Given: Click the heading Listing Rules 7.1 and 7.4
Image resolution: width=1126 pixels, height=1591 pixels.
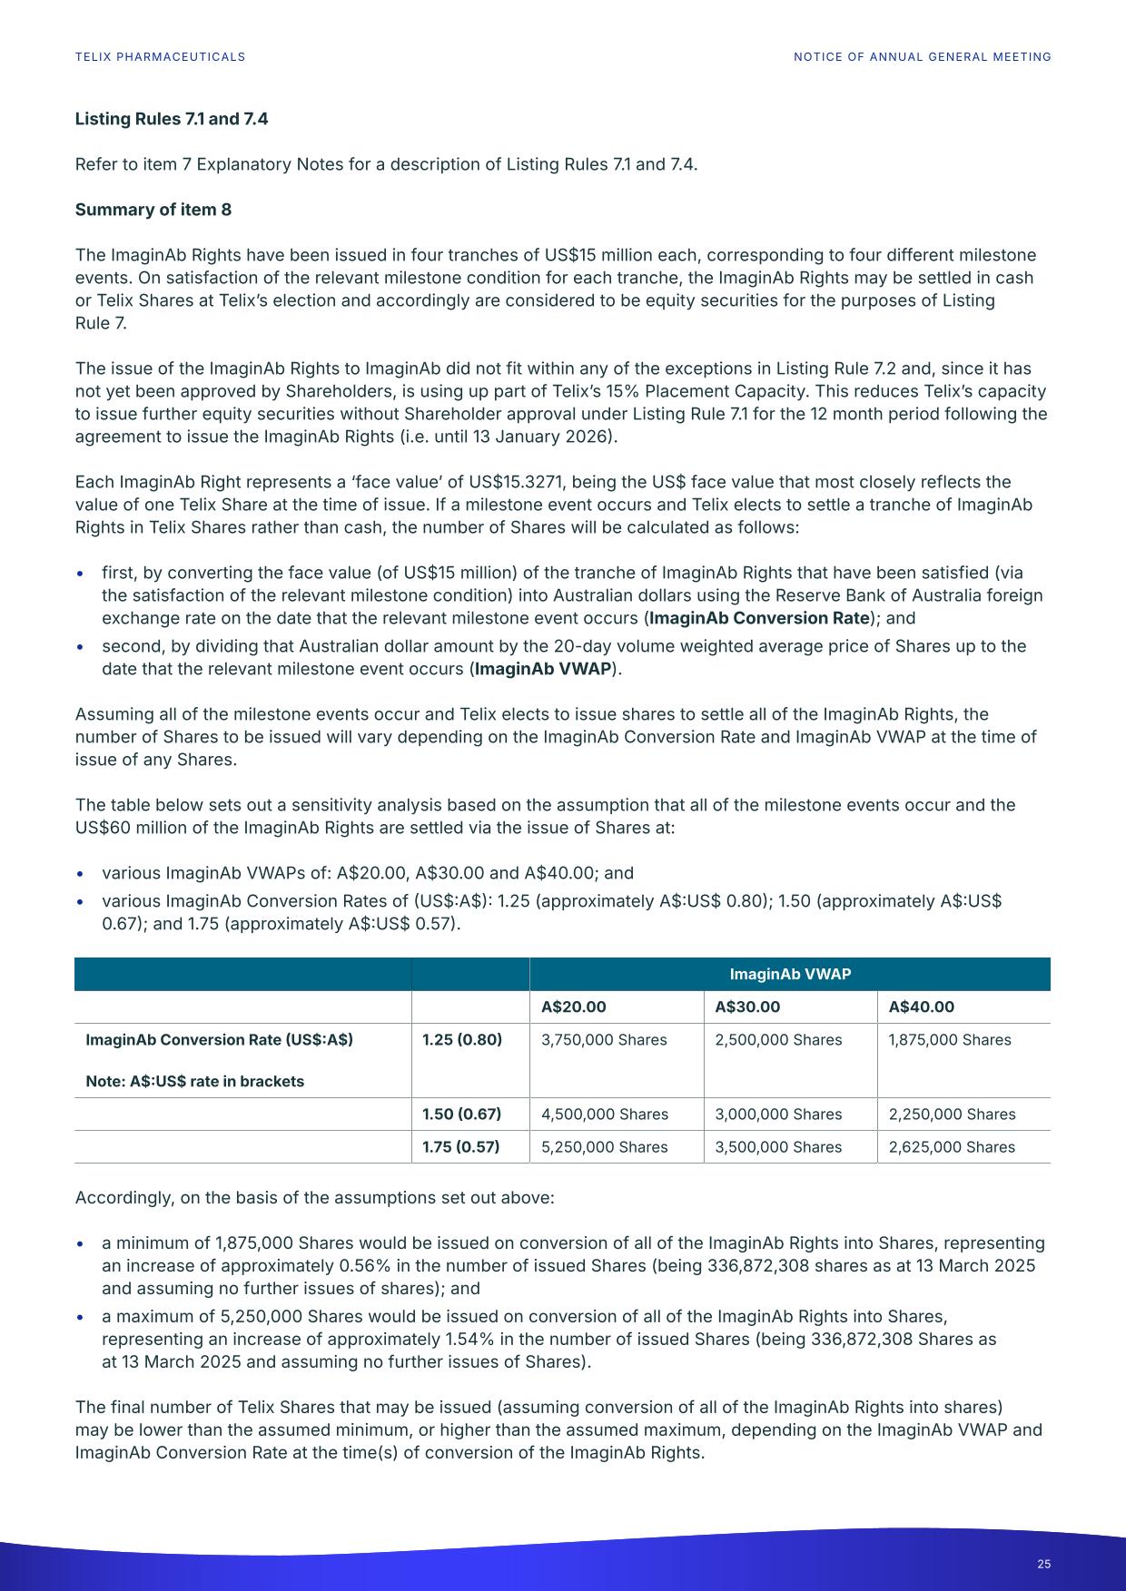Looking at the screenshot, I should click(171, 119).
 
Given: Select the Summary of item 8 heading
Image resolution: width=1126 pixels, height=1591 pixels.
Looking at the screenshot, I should click(153, 210).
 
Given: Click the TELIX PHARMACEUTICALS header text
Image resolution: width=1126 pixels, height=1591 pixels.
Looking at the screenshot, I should click(160, 57).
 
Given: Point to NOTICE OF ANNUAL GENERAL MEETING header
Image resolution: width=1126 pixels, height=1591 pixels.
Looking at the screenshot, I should click(922, 57).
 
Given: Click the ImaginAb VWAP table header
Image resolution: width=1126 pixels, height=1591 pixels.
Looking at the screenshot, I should click(790, 974).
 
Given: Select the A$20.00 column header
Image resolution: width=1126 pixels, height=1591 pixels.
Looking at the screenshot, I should click(573, 1007).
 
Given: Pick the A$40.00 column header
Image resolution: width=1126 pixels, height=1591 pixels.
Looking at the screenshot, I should click(921, 1007).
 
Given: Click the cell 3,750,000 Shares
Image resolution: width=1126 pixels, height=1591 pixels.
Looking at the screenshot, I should click(604, 1040).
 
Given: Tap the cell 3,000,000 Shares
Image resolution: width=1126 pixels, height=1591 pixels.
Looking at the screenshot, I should click(778, 1115).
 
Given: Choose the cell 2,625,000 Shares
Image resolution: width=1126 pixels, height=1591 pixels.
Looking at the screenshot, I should click(952, 1147).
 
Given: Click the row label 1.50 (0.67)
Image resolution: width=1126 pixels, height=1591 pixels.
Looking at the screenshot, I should click(461, 1115).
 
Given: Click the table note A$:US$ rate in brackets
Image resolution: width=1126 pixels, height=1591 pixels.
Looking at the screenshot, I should click(194, 1082).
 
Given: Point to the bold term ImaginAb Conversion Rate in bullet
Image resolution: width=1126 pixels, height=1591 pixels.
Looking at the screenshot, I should click(759, 619).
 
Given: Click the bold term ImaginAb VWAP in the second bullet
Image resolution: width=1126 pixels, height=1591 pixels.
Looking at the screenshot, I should click(543, 670).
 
